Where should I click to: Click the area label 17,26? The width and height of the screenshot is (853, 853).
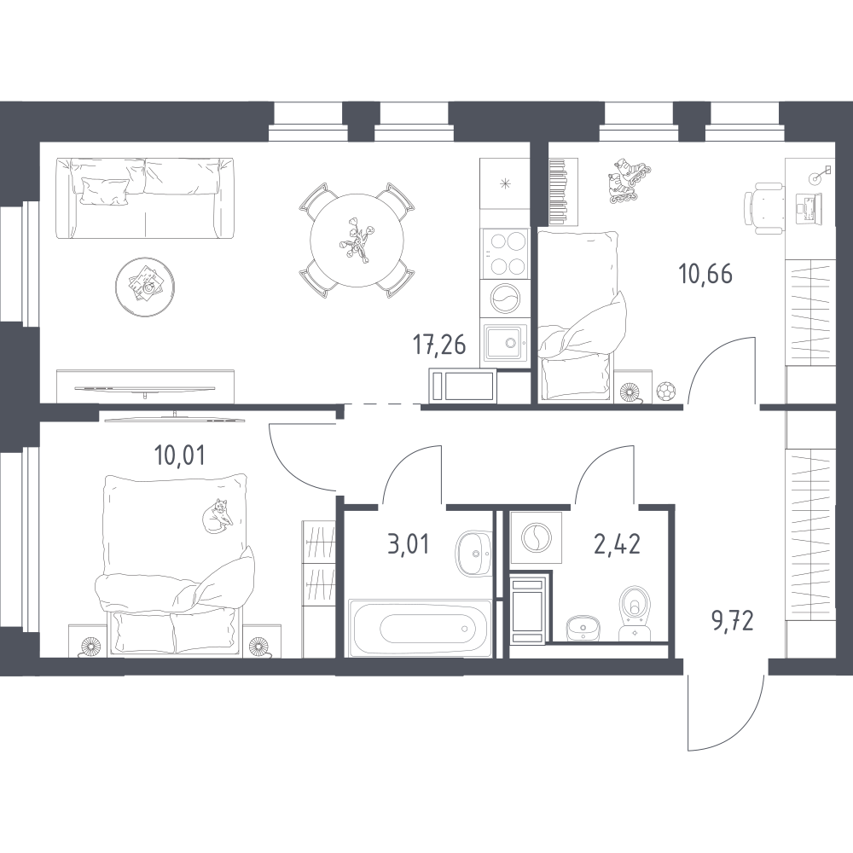point(439,345)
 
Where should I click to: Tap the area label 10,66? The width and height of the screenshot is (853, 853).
point(705,274)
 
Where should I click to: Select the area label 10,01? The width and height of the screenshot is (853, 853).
point(180,456)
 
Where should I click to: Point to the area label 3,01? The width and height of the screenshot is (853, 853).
point(408,544)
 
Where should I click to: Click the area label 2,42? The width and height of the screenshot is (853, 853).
point(617,544)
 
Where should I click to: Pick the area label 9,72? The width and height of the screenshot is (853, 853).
point(732,620)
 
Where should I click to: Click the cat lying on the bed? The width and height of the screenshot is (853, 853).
point(216,516)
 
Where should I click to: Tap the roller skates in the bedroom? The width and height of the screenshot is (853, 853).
point(629,181)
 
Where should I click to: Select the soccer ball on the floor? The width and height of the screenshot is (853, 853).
point(664,392)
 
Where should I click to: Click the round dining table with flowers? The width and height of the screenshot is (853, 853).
point(357,240)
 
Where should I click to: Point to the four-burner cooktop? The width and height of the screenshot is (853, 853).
point(505,253)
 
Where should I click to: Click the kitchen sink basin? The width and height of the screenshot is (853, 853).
point(506,343)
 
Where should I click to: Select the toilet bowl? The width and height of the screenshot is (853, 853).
point(633,611)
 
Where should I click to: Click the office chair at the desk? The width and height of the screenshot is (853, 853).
point(763,207)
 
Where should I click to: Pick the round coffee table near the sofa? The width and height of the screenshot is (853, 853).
point(145,287)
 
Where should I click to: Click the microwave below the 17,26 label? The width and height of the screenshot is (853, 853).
point(463,386)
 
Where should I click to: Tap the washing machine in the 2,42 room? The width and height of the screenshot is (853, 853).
point(537,537)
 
